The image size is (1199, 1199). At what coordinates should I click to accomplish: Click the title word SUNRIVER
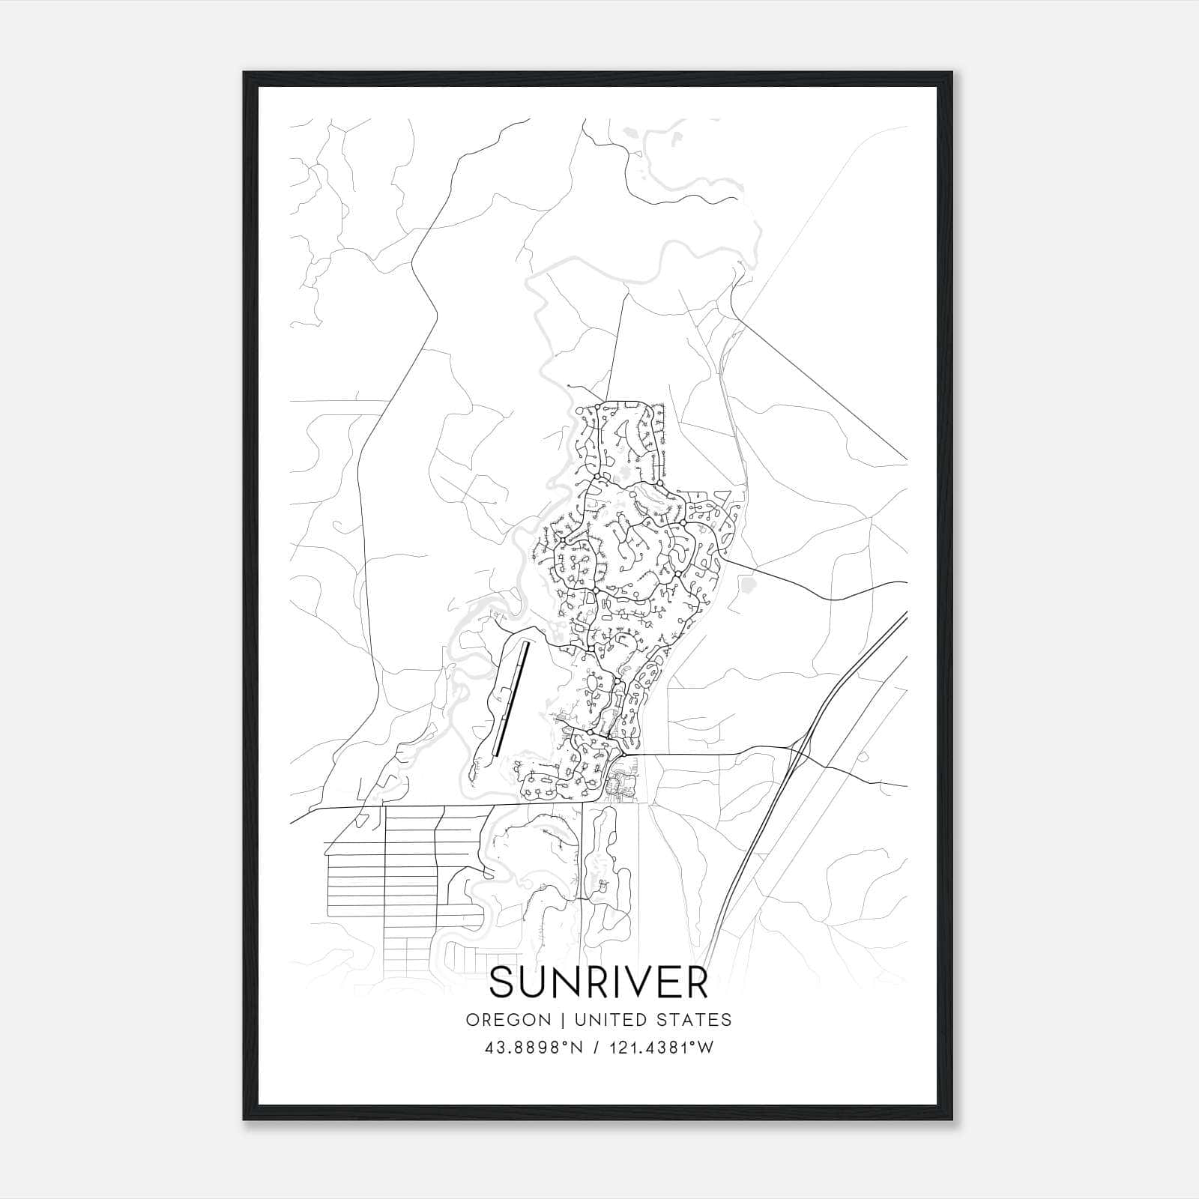(x=599, y=983)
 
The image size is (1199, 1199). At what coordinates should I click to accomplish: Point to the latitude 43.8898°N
(x=531, y=1047)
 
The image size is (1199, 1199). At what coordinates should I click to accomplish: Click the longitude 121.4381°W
(x=659, y=1047)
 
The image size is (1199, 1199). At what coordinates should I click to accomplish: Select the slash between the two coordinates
(x=596, y=1047)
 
